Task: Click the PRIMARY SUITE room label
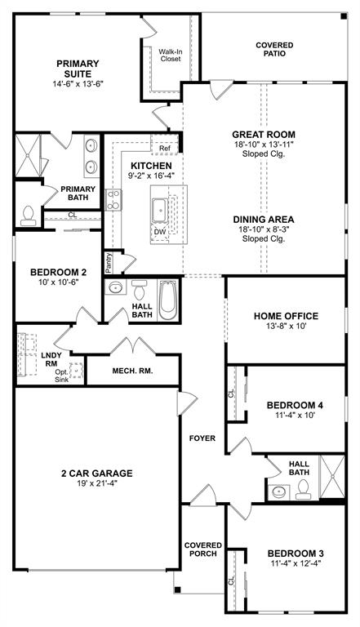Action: tap(78, 69)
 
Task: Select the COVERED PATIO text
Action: tap(274, 50)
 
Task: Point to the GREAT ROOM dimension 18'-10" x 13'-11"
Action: tap(263, 144)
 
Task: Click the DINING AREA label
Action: tap(263, 219)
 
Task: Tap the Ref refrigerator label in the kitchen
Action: tap(164, 148)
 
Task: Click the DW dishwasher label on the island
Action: tap(158, 231)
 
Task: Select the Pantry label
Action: tap(108, 262)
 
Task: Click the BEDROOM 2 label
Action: tap(58, 273)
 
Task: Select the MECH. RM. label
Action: tap(132, 370)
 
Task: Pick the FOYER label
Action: tap(202, 438)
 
